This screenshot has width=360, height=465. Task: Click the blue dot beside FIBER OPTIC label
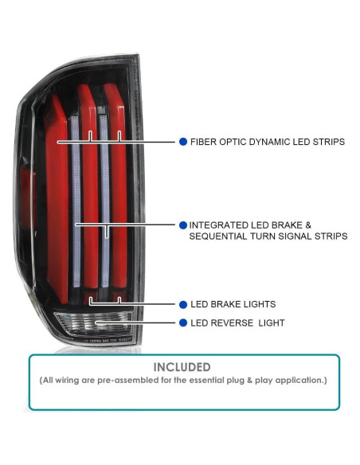[183, 142]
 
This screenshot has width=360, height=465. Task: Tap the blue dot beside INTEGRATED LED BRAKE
[183, 225]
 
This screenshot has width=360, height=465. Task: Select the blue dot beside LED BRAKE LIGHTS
[183, 304]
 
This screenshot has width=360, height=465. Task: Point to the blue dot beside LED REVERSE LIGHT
[183, 323]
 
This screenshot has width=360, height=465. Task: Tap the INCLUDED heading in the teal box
[183, 367]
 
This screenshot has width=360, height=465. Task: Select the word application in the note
[298, 381]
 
